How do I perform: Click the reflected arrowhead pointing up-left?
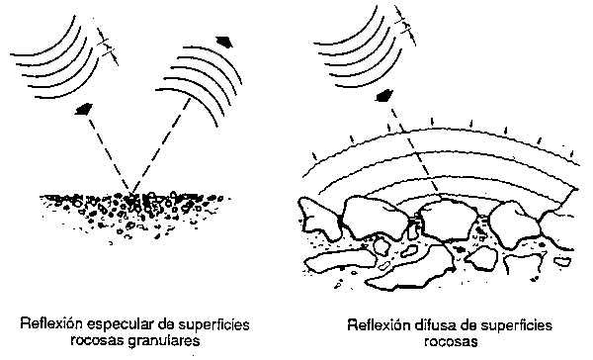[226, 42]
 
